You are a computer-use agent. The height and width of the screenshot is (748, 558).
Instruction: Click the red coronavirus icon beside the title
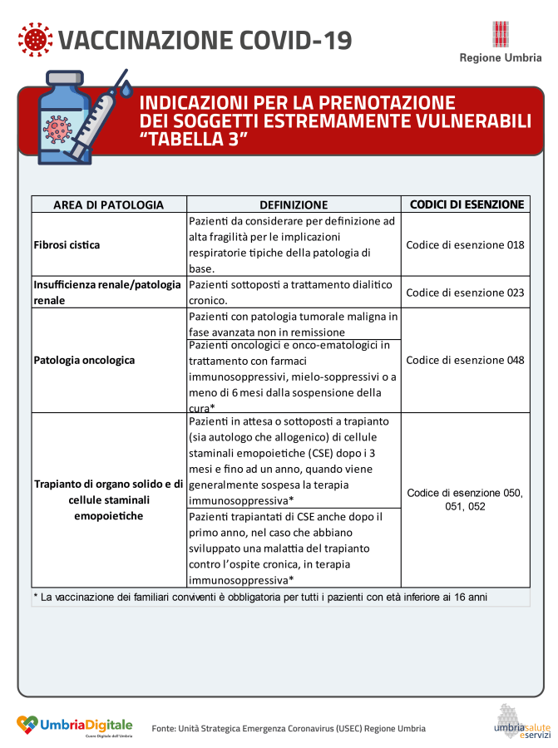pos(34,39)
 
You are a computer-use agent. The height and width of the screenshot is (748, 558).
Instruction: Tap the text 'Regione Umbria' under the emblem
pos(501,58)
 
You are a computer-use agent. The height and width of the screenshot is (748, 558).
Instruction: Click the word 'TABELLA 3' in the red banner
pos(195,140)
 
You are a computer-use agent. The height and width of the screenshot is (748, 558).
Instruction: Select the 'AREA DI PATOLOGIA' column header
pos(109,204)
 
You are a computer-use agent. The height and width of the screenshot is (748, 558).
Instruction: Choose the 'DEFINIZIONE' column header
pos(294,204)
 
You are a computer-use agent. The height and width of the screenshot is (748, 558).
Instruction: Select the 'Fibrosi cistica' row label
pos(67,245)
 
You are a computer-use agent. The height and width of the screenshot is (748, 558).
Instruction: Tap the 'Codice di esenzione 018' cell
pos(465,245)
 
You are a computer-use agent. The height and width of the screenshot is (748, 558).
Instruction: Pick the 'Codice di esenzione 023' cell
pos(465,293)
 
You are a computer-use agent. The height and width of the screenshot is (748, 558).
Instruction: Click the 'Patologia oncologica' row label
pos(84,361)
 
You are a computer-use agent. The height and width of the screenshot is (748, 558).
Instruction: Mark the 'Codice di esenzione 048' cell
pos(465,361)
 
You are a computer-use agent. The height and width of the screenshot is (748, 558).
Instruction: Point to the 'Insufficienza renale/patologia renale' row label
pos(108,293)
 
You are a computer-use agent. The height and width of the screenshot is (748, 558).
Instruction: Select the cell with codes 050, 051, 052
pos(465,499)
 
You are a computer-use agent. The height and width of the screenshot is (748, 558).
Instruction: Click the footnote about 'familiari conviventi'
pos(260,597)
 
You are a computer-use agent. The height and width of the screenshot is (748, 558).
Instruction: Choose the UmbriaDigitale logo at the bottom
pos(75,725)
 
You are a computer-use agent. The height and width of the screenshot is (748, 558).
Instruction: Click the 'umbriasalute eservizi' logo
pos(516,721)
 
